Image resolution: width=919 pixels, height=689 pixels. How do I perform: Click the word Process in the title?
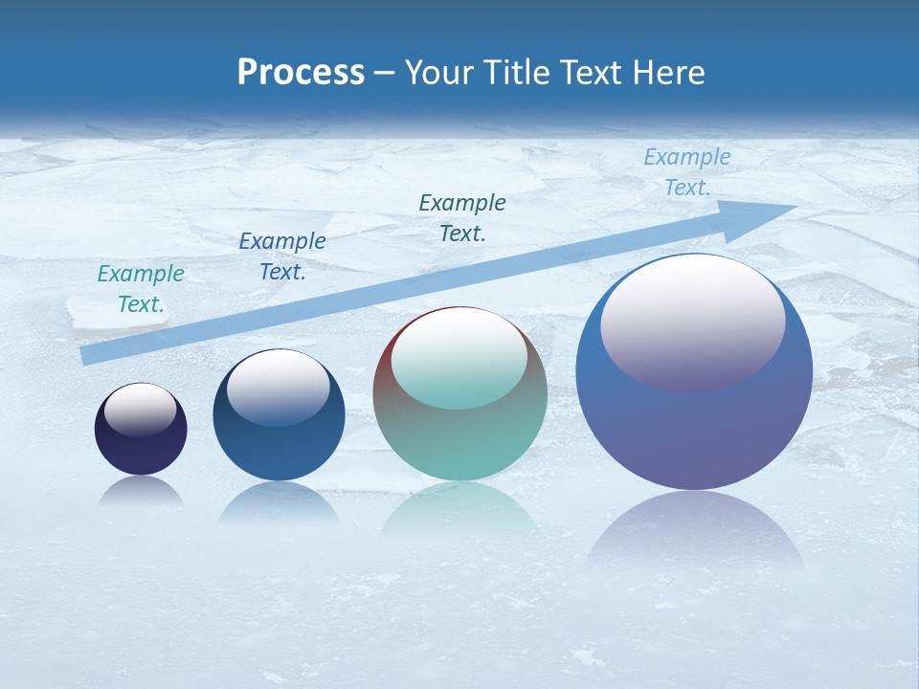tap(301, 73)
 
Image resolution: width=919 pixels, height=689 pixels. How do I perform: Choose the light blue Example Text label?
tap(687, 172)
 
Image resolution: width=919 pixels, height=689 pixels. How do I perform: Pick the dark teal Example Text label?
tap(462, 217)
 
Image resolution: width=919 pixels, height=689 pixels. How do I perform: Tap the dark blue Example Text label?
tap(282, 256)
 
